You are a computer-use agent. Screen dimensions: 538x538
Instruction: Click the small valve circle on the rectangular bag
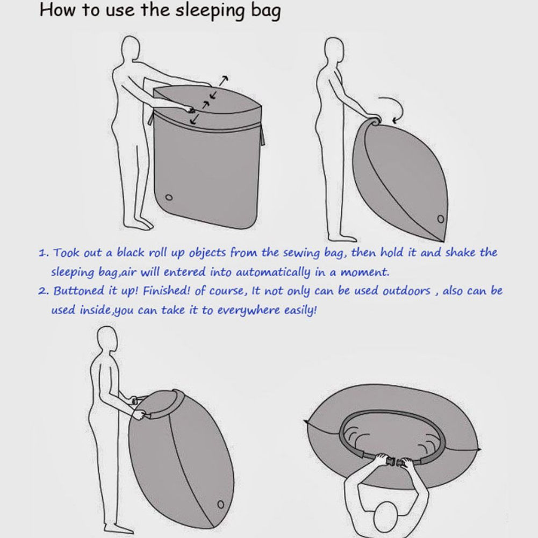169,197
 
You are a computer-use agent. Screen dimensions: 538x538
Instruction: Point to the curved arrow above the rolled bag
393,107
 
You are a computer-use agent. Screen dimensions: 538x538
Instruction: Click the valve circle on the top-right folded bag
441,219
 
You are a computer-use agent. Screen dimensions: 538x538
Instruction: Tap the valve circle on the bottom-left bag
220,504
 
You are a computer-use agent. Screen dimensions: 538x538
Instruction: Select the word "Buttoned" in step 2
79,291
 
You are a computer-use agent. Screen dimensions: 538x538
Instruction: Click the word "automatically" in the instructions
273,272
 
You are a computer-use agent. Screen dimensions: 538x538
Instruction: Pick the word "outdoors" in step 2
406,291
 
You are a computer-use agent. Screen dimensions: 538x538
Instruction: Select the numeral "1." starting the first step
44,253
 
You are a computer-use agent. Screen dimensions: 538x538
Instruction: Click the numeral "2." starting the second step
44,291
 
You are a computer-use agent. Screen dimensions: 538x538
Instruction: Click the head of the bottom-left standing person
107,339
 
